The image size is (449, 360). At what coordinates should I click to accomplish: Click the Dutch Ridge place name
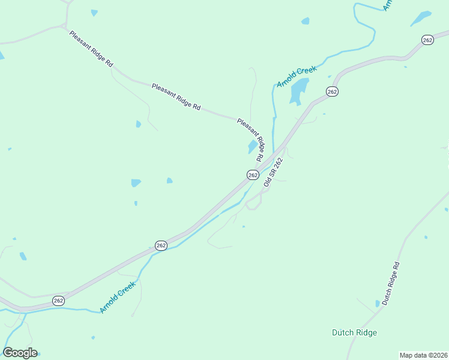(x=355, y=332)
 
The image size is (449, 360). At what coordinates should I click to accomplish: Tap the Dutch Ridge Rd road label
(x=391, y=283)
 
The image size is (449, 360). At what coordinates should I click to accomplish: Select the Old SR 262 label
(x=272, y=172)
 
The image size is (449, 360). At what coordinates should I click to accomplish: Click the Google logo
(x=20, y=353)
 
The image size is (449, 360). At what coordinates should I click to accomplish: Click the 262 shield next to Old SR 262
(x=253, y=175)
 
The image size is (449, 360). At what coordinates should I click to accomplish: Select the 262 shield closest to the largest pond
(x=333, y=91)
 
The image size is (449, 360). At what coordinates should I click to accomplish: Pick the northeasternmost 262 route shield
(x=427, y=40)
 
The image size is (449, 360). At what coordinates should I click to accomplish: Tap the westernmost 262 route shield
(x=58, y=301)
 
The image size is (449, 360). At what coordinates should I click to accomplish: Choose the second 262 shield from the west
(x=161, y=245)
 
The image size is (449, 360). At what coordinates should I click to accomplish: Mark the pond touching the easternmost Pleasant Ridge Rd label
(x=252, y=147)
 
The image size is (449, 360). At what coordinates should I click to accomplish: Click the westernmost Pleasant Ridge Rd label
(x=91, y=49)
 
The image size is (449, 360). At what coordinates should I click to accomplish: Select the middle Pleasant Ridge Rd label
(x=176, y=96)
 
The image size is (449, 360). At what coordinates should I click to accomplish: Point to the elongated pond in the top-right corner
(x=421, y=18)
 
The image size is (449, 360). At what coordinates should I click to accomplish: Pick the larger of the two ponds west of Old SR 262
(x=136, y=182)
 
